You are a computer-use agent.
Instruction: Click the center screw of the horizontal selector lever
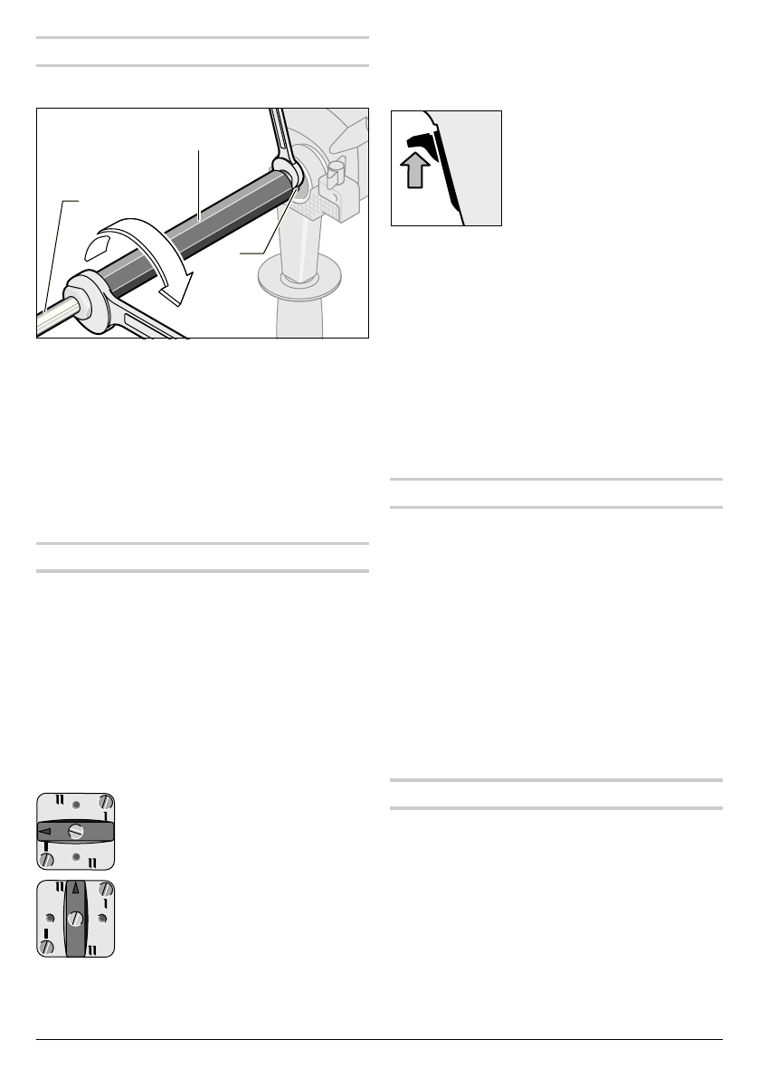point(76,830)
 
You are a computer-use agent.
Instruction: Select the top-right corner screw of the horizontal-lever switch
point(107,801)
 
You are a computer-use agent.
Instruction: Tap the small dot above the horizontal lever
point(76,804)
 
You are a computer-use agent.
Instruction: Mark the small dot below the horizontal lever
point(76,856)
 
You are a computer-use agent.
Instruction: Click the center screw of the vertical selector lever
point(76,918)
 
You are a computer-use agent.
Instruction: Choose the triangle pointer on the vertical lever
point(76,889)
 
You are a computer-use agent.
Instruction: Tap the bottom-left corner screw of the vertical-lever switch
point(45,947)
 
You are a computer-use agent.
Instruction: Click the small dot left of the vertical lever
point(50,918)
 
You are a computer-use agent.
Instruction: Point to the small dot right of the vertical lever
point(102,918)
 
